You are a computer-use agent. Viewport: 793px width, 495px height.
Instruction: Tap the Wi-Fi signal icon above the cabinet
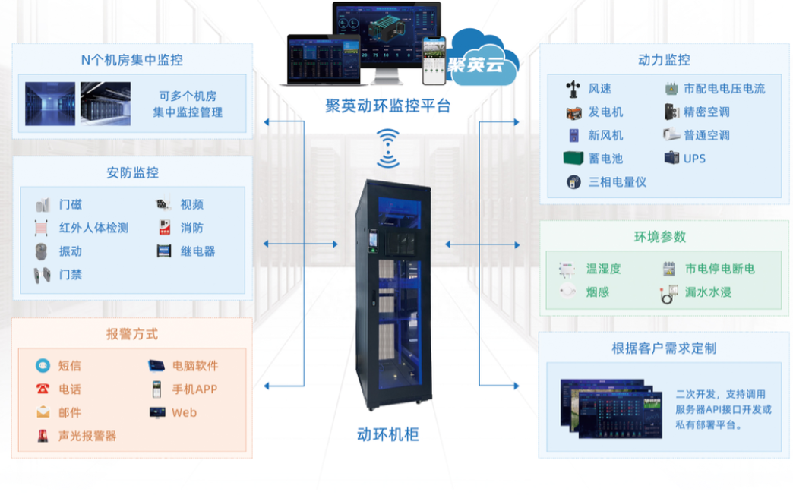click(388, 148)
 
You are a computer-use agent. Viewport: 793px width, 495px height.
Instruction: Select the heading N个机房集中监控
click(132, 60)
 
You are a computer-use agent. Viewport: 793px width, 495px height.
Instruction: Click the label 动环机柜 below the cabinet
click(387, 435)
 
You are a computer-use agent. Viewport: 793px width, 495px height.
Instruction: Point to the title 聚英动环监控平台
click(388, 106)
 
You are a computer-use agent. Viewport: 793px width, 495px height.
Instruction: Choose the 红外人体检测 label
click(94, 228)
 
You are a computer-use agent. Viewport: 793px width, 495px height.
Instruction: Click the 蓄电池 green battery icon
click(573, 159)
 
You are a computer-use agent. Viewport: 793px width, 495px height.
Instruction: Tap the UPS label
click(694, 159)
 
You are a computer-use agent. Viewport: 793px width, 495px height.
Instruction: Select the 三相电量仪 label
click(617, 182)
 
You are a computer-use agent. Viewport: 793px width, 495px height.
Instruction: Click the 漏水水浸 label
click(708, 292)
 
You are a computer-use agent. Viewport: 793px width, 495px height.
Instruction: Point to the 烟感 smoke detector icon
click(567, 292)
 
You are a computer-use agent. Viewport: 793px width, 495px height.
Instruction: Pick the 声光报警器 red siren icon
click(43, 436)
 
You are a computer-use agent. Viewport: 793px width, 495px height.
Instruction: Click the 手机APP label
click(194, 389)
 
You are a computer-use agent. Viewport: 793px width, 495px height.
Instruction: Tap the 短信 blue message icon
click(43, 366)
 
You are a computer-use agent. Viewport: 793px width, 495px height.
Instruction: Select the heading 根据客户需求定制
click(664, 348)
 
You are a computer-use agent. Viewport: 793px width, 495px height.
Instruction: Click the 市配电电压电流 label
click(724, 89)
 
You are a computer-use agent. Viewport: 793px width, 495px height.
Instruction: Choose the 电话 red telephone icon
click(43, 389)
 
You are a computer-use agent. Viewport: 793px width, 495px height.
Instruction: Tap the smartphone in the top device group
click(434, 60)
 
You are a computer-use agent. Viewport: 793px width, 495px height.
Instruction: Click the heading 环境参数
click(660, 237)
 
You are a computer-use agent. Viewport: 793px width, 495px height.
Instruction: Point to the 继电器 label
click(197, 251)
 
